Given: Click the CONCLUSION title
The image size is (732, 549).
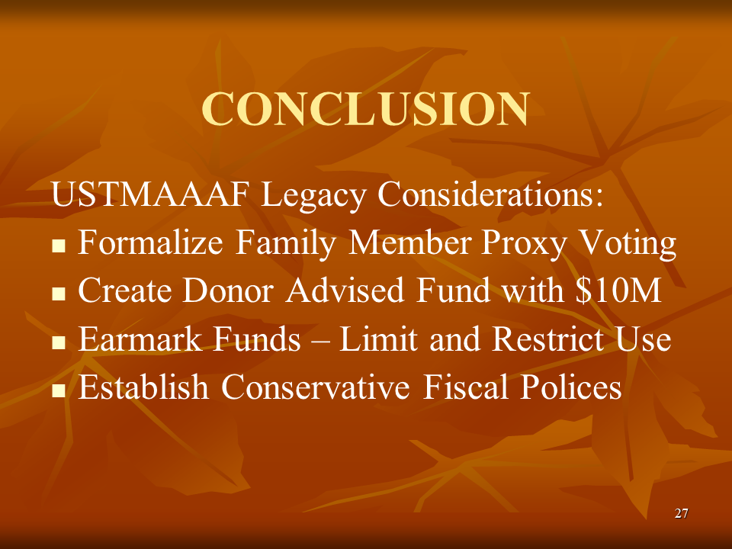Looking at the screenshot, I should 365,110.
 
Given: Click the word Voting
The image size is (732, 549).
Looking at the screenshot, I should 628,244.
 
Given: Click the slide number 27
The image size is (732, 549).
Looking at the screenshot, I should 682,514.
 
